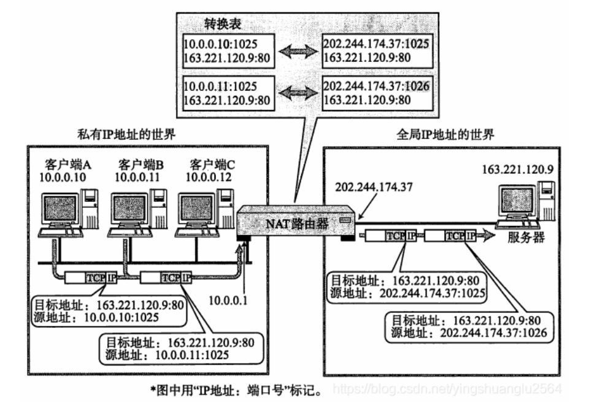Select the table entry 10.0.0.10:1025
coord(220,44)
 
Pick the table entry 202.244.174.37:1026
coord(377,87)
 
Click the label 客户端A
coord(68,165)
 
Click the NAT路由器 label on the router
coord(298,223)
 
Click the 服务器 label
coord(526,238)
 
